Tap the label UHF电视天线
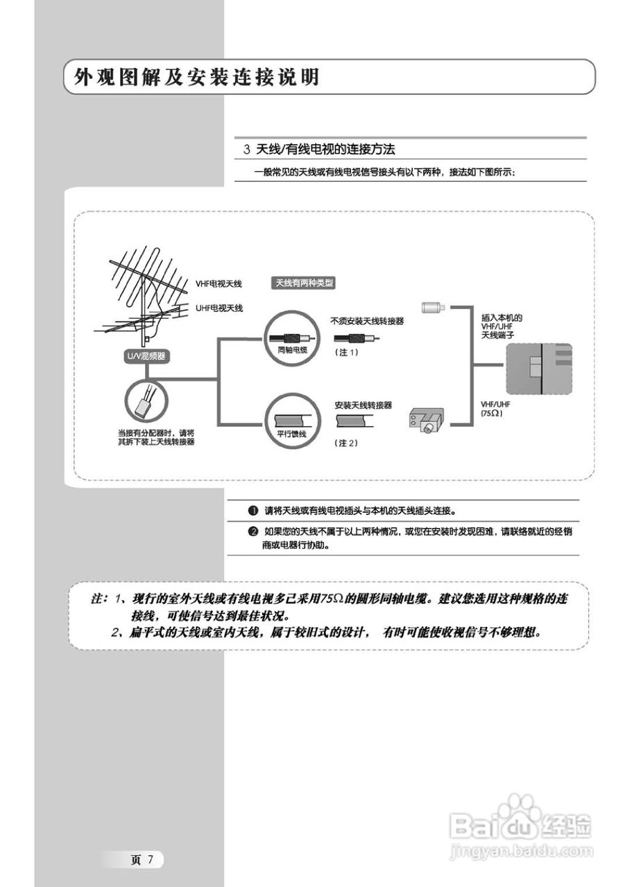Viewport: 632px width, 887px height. point(219,307)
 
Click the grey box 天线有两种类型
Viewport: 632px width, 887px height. point(305,283)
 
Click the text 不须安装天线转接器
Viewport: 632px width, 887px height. point(367,321)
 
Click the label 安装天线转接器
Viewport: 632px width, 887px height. point(363,405)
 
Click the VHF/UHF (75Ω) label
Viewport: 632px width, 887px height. point(495,409)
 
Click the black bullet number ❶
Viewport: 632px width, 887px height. point(253,511)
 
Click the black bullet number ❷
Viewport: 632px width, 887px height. point(253,532)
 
